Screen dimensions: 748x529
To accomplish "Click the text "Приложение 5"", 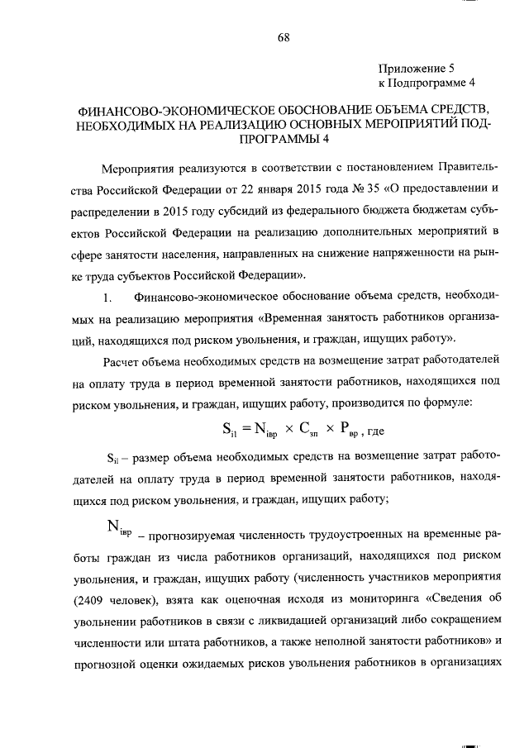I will point(417,68).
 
